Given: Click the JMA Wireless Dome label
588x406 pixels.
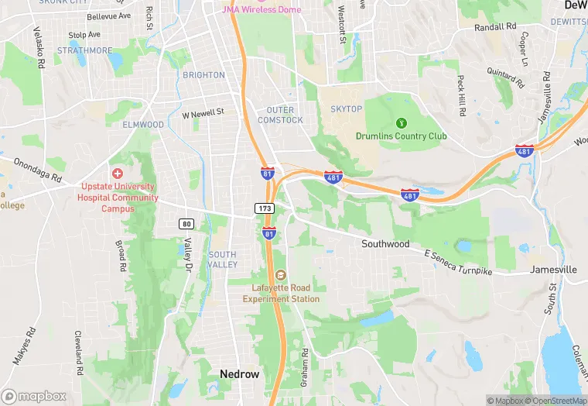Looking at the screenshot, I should coord(246,9).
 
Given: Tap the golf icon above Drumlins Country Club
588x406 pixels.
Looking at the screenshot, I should coord(401,122).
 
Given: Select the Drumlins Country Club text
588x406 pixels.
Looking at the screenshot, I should coord(401,136).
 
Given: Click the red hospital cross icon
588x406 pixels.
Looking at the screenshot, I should coord(118,174).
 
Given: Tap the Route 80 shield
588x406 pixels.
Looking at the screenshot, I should coord(186,224).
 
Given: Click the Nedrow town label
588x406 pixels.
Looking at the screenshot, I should coord(239,373).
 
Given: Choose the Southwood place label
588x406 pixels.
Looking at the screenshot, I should coord(385,244).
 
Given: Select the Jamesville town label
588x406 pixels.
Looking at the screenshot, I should coord(553,270).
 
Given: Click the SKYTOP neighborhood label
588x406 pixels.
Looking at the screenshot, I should coord(346,109).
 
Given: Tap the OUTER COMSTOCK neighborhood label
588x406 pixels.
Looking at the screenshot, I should coord(280,115).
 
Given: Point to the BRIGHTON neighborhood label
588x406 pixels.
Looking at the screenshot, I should coord(203,75).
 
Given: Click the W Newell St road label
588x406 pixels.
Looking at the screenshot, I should coord(203,112).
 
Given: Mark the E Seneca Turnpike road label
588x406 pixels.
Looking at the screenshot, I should coord(459,261).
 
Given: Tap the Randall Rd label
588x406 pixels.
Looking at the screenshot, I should coord(494,27).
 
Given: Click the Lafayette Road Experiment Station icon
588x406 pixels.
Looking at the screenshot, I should coord(280,276).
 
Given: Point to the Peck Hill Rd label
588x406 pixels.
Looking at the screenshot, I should coord(462,96).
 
